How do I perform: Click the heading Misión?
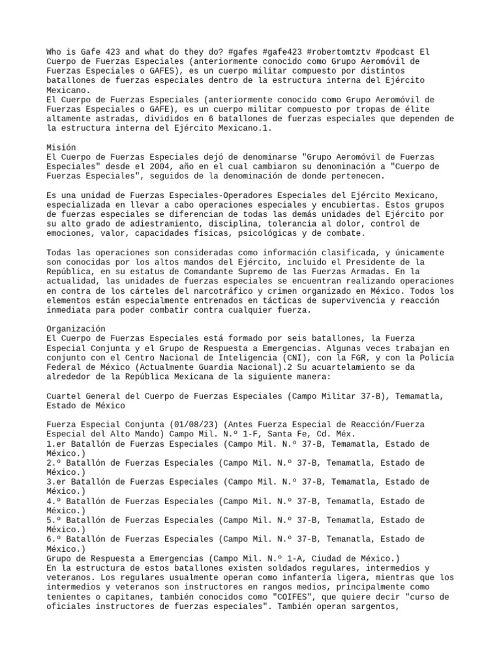(61, 147)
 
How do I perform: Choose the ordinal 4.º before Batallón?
(55, 501)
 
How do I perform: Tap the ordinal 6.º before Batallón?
(55, 539)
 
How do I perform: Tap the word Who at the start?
(55, 51)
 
